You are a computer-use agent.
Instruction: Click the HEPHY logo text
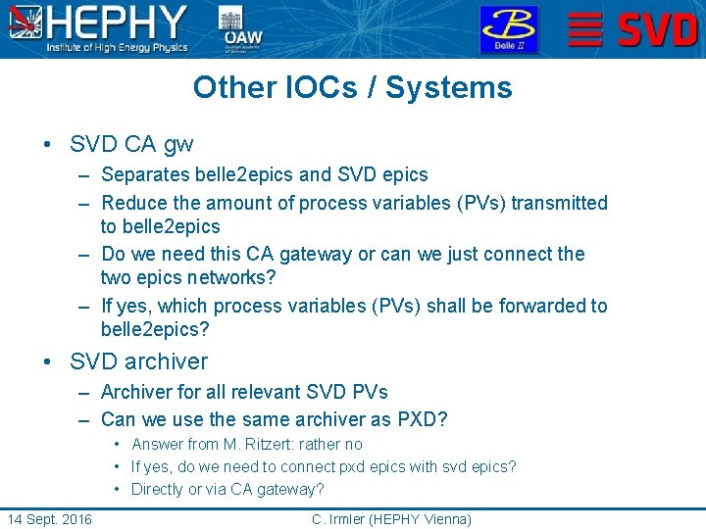[118, 22]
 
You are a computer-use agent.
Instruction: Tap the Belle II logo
[508, 29]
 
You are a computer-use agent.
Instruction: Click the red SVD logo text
[658, 29]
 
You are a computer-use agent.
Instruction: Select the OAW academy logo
[243, 29]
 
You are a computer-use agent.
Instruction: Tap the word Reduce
[133, 203]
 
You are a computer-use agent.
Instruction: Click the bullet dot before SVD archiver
[47, 362]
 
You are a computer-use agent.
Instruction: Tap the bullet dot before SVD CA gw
[47, 146]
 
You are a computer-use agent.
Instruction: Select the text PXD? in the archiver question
[423, 419]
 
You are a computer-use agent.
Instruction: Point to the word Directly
[158, 489]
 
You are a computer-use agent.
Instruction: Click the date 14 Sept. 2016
[49, 519]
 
